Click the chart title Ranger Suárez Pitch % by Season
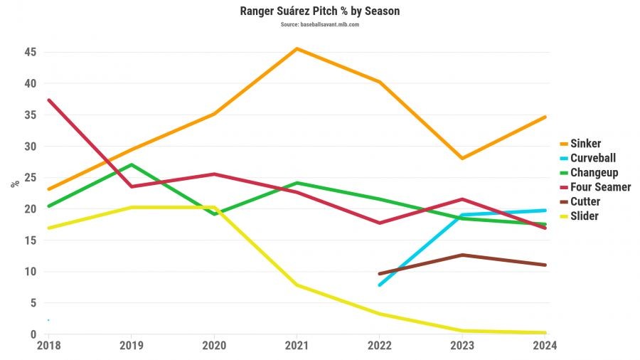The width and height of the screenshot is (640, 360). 319,12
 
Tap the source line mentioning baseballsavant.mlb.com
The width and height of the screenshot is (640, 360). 319,24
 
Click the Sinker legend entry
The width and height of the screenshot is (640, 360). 585,144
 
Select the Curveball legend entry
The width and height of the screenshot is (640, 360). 592,158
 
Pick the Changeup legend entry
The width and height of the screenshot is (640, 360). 594,172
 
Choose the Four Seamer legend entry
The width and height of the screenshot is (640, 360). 600,187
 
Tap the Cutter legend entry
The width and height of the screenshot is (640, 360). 585,201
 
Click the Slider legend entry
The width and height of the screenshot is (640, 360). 584,216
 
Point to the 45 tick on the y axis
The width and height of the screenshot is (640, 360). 30,52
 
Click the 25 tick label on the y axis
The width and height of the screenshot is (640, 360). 30,177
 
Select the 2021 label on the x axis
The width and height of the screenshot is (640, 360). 296,346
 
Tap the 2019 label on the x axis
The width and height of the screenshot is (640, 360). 131,346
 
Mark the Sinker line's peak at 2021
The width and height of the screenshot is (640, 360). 296,48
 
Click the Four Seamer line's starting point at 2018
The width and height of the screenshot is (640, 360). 48,100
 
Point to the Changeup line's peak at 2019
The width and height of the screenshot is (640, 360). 131,165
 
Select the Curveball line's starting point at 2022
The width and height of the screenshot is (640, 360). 379,285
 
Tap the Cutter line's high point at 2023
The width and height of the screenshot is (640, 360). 462,255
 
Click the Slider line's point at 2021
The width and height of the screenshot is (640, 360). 296,285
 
